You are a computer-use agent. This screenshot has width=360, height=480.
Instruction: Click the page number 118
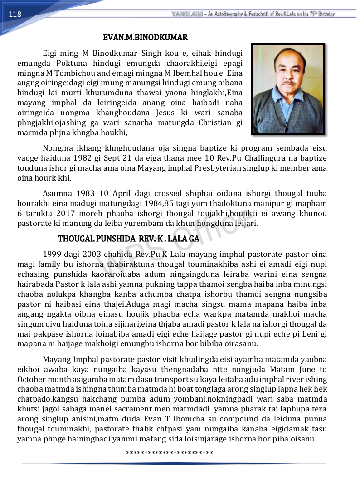15,14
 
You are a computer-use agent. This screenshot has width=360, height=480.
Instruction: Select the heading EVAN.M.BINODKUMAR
145,37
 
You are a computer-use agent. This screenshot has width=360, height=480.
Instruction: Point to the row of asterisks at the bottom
170,453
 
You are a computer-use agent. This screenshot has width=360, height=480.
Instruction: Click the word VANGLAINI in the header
187,14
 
